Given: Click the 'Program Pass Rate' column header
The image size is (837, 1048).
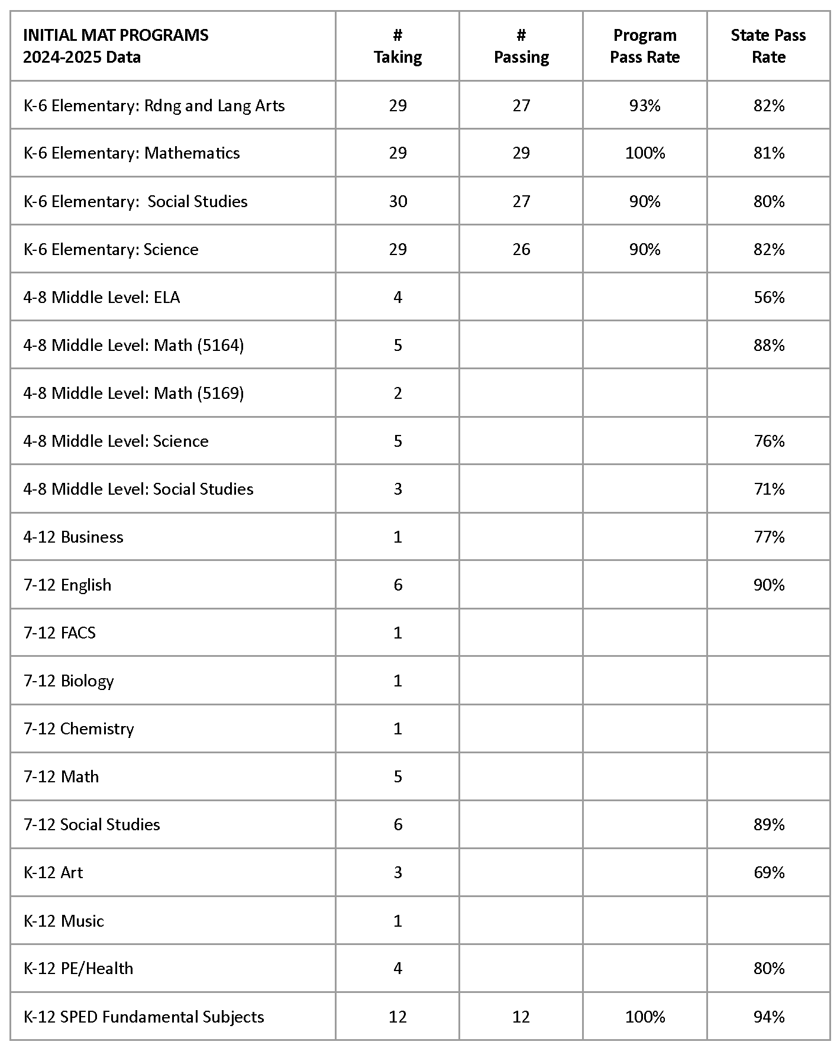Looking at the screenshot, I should coord(644,46).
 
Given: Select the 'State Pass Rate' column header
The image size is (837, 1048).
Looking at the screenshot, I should coord(768,46).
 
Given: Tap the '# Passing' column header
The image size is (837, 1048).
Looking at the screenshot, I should coord(521,46).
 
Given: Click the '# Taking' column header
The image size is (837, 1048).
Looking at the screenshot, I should coord(398,46).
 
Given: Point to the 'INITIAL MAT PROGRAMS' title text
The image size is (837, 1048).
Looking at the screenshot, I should coord(116,36).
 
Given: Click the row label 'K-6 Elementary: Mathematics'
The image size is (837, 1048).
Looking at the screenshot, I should coord(131,153).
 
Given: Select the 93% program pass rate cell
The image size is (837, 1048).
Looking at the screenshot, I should coord(644,105).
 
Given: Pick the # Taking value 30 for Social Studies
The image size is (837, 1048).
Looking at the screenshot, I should coord(398,201).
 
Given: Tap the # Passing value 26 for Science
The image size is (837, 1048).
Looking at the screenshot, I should coord(521,249).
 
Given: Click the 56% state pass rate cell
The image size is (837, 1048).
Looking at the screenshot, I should coord(768,297).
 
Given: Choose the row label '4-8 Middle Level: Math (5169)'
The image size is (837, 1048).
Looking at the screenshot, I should coord(134,393).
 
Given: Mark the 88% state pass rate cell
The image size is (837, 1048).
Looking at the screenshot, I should coord(768,345).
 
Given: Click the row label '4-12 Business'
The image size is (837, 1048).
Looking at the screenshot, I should coord(73,537).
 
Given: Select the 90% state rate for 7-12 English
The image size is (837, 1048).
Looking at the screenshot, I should coord(768,585).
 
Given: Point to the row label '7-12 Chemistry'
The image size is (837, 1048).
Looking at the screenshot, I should coord(79,728).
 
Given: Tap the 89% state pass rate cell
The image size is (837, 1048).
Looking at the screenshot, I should coord(768,824).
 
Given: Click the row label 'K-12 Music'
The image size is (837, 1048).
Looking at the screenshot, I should coord(64,921).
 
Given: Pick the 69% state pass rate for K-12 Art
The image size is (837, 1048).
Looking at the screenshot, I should coord(768,872).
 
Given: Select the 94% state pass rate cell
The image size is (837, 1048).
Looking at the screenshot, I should coord(768,1017).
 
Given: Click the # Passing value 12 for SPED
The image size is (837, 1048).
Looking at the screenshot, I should coord(521,1017).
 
